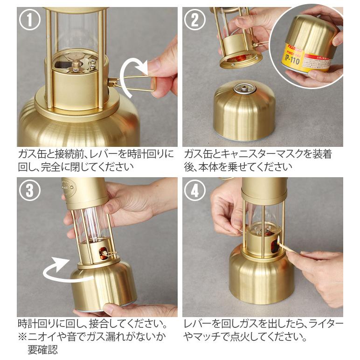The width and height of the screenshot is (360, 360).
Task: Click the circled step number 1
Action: click(x=30, y=20)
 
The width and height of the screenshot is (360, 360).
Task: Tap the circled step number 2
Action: click(x=195, y=20)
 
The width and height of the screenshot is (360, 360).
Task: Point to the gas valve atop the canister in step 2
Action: click(x=244, y=89)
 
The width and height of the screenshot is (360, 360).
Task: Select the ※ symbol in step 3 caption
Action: click(x=23, y=337)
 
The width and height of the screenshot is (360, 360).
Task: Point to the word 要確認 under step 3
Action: click(x=42, y=350)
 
